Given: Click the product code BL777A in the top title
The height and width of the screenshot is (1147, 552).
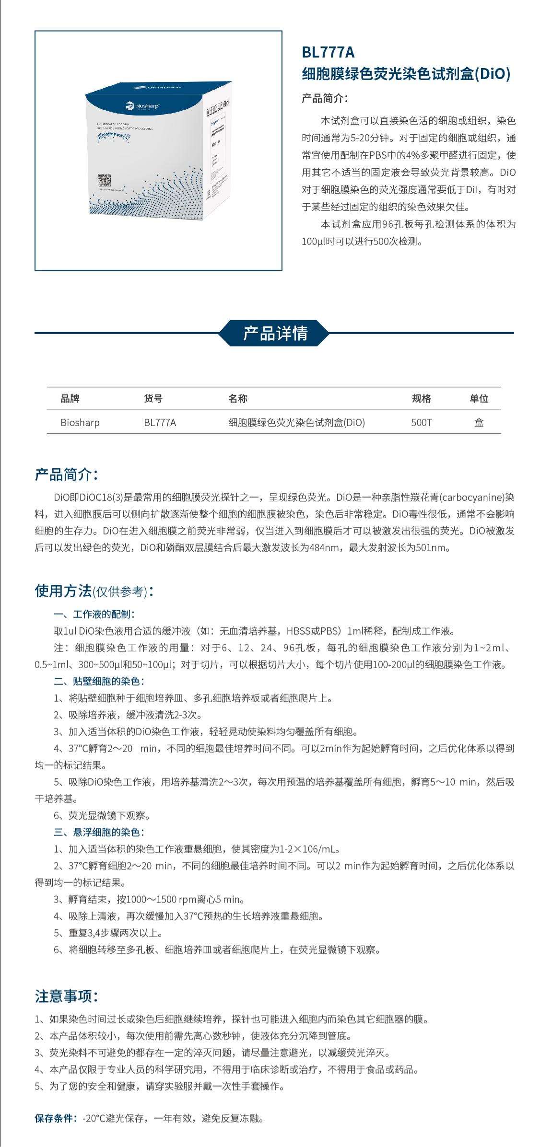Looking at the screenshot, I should (x=328, y=52).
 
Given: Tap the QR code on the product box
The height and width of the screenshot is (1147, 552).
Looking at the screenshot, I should (x=105, y=181).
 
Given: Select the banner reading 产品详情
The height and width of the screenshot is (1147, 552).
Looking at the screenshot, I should (x=275, y=333).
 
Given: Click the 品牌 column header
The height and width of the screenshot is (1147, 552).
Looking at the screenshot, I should (x=70, y=398).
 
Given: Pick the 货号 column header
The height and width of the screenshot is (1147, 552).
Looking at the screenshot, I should (x=153, y=398).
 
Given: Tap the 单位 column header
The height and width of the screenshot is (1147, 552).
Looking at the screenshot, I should (x=478, y=398).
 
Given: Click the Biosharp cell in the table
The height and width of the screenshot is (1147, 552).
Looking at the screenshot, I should (x=80, y=422).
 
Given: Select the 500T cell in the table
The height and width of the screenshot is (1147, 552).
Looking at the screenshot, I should (x=421, y=422).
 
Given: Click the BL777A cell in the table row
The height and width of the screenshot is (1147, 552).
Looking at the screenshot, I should (x=160, y=422).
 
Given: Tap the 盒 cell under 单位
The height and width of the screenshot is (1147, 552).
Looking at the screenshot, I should (x=479, y=422).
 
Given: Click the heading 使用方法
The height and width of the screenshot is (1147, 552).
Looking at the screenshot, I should (x=63, y=591).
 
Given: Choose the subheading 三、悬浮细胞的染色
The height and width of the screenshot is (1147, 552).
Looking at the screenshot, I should (x=99, y=832).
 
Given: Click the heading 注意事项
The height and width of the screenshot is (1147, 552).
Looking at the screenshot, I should (x=66, y=996).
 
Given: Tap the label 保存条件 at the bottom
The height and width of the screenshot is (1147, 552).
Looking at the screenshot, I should (x=55, y=1119).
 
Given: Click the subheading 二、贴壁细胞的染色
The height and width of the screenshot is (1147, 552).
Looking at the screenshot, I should (x=99, y=681).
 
